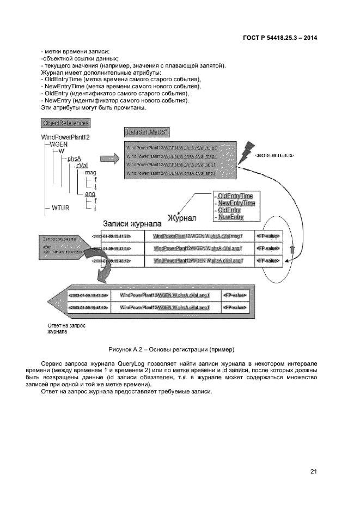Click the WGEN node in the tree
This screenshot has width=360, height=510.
[59, 144]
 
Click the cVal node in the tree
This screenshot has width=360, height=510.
[83, 166]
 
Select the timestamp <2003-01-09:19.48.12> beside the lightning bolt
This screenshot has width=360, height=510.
[274, 156]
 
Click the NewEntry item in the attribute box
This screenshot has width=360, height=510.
[230, 217]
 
